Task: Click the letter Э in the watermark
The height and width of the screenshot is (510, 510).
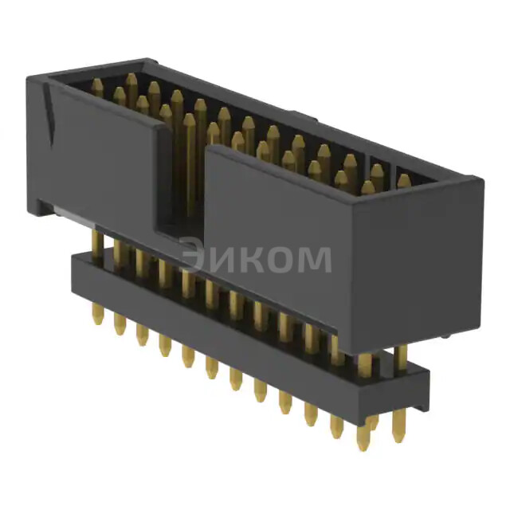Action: [193, 259]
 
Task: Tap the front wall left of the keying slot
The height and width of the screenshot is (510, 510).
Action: [104, 159]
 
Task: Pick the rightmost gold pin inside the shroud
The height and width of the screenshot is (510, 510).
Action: [403, 182]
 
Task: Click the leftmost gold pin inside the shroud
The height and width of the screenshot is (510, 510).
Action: [96, 86]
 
